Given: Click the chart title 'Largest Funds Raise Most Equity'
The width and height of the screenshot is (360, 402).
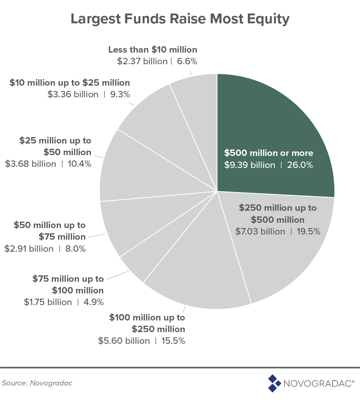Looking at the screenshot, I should point(180,20).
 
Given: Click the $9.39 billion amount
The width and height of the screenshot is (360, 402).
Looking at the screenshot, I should point(250,165).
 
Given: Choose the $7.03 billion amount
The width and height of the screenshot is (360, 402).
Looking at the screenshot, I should point(260,231).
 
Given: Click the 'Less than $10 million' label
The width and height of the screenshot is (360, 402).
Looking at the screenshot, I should point(152,50).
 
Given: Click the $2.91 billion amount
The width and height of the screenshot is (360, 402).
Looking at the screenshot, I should point(29,249).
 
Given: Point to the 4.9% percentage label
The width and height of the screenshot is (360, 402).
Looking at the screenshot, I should point(92,302).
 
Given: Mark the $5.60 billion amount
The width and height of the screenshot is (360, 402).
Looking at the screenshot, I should point(124,341).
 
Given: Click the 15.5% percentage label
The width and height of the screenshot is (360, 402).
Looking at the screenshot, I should point(173,341).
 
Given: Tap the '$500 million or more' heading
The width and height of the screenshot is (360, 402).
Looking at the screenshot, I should point(268,153).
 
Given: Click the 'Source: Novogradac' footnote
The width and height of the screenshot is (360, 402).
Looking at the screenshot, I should point(37,383).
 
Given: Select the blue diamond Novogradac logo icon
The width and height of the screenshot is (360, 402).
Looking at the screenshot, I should point(274,383).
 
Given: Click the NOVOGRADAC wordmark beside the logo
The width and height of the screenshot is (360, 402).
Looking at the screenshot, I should point(319,384).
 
